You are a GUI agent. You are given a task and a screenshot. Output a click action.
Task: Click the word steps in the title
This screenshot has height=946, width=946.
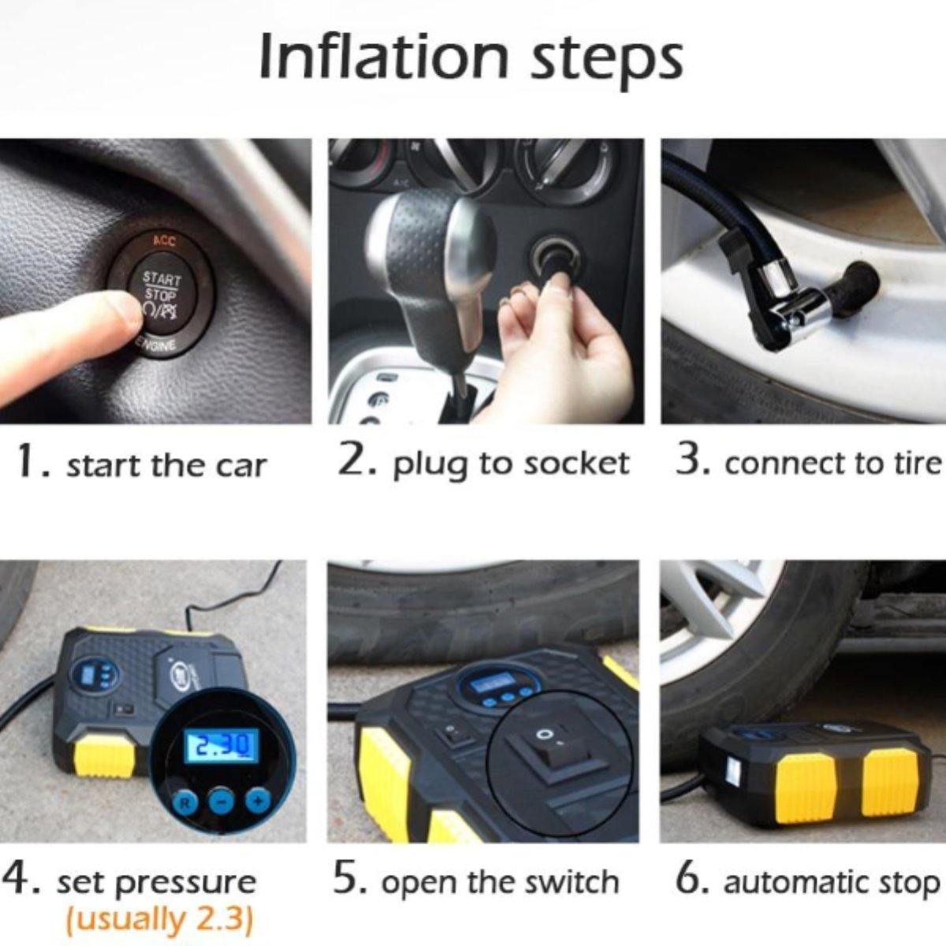pyautogui.click(x=606, y=61)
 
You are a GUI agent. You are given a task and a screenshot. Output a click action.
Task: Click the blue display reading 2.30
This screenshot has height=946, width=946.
pyautogui.click(x=222, y=745)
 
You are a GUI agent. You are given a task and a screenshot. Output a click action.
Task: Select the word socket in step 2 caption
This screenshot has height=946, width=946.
pyautogui.click(x=575, y=464)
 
